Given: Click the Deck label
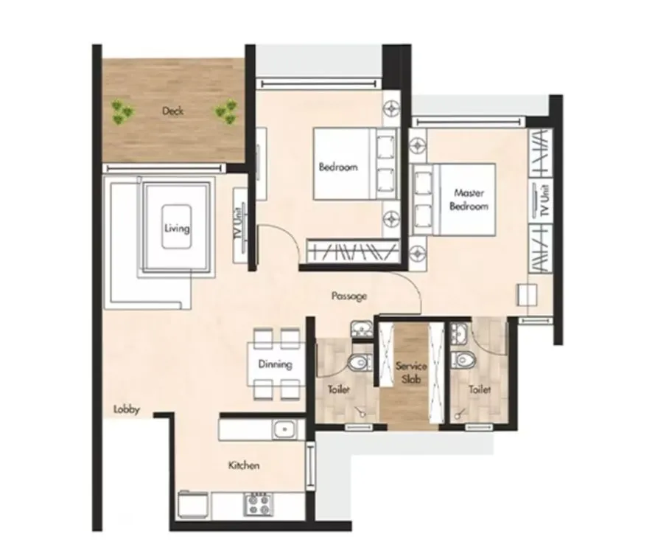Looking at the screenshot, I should click(172, 111).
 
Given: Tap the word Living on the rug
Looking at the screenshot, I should click(177, 228).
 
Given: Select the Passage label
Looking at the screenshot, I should click(348, 296).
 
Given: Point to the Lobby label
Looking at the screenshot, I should click(127, 410).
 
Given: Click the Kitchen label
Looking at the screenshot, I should click(244, 465).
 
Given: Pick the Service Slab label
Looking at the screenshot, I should click(407, 372).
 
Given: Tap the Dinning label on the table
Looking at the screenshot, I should click(276, 364).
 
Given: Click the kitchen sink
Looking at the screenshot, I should click(283, 429).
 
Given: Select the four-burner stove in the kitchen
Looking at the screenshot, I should click(258, 504).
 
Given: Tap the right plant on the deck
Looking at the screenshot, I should click(228, 111).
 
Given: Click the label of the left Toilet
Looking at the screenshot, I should click(339, 389).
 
